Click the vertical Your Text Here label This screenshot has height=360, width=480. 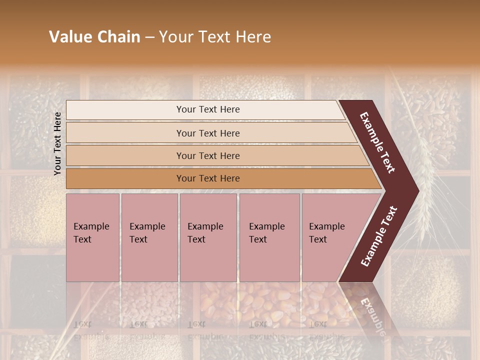57,143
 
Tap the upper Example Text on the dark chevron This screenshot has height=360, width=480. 377,142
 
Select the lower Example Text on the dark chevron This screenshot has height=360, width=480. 378,236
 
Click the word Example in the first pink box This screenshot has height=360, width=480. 91,226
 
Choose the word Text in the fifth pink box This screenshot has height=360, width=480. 317,239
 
